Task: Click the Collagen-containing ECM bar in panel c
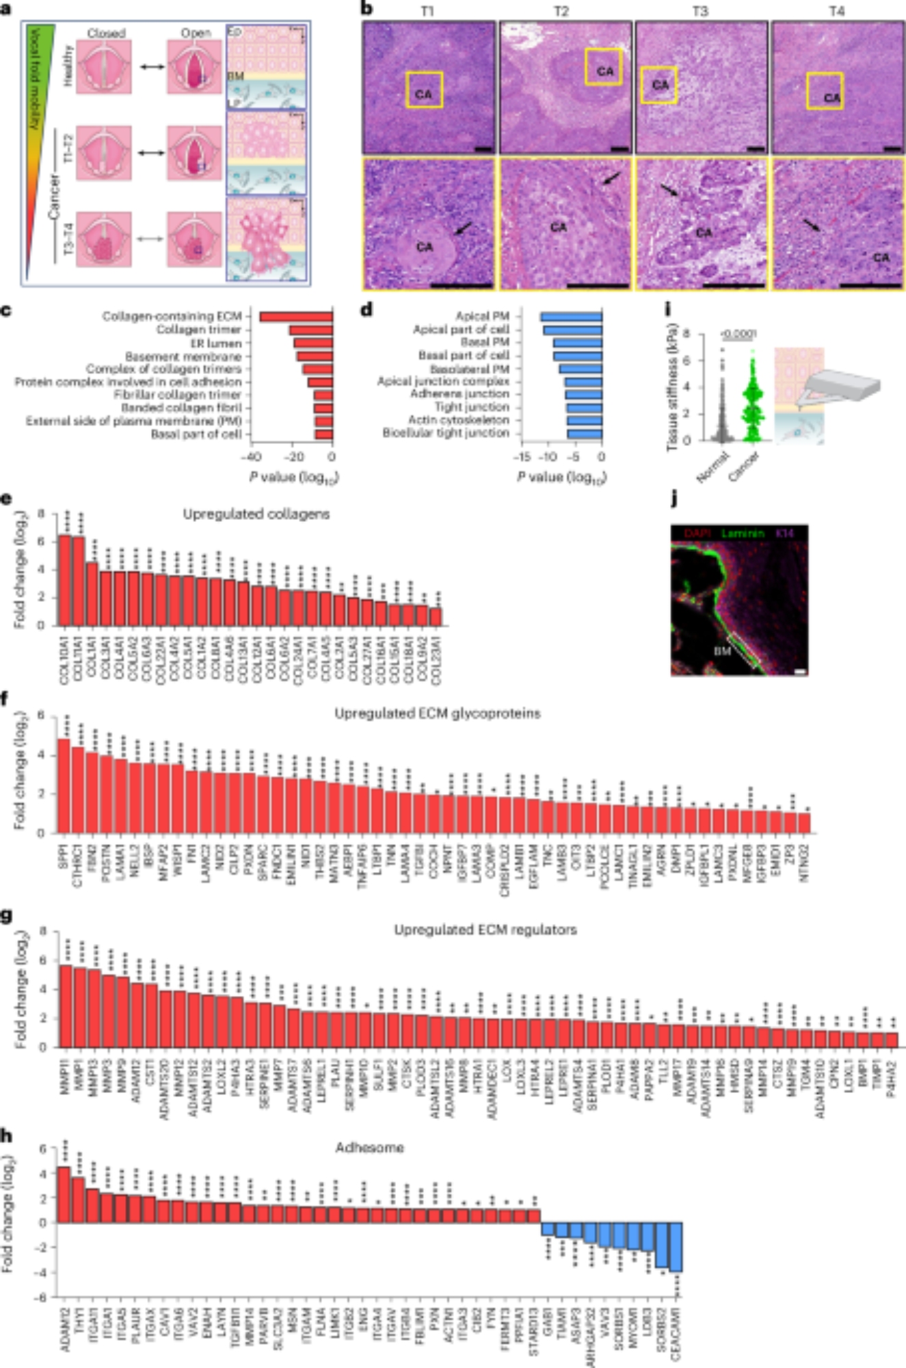coord(295,316)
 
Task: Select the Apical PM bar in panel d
coord(571,317)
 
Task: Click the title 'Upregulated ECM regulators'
coord(485,930)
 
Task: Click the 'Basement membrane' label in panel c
coord(183,356)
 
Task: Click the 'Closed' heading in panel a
coord(106,33)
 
